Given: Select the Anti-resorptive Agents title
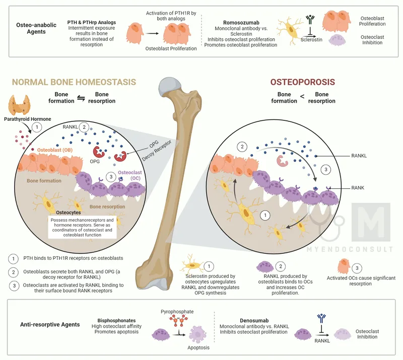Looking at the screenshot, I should [49, 325].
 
